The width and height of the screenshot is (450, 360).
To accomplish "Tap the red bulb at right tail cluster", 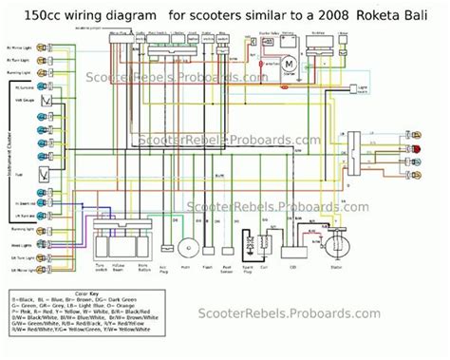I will [415, 148].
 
